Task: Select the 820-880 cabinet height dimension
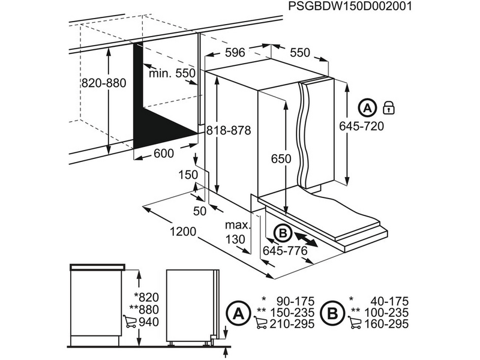[104, 83]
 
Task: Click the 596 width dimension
[234, 53]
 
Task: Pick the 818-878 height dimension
[228, 130]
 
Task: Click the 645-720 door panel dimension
[361, 126]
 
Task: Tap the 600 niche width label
[164, 154]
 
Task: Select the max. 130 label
[236, 233]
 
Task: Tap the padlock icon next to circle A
[388, 108]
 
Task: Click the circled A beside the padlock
[367, 108]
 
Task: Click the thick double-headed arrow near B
[307, 238]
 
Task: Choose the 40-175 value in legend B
[388, 300]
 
